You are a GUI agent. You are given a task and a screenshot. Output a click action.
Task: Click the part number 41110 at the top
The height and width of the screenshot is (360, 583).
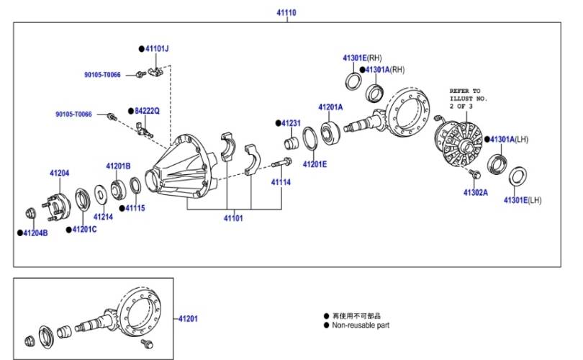[x=286, y=13]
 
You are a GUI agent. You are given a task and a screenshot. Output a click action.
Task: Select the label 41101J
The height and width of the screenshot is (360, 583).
[x=157, y=49]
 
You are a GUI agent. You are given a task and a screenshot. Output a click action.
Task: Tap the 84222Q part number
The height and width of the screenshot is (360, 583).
[x=147, y=111]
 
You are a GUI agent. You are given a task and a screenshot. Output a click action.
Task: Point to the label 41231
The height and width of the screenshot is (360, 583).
[x=291, y=123]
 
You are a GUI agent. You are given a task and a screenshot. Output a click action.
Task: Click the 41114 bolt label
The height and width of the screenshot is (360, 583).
[x=281, y=182]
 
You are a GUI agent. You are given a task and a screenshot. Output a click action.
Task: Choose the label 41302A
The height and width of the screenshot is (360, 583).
[x=476, y=193]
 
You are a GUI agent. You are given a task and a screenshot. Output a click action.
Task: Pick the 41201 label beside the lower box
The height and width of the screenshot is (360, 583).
[x=188, y=319]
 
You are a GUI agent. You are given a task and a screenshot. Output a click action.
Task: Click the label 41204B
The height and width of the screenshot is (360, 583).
[x=35, y=233]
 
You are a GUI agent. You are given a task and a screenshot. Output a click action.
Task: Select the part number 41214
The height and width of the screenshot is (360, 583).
[x=103, y=217]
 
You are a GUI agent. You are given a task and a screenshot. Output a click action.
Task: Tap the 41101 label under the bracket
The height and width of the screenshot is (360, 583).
[x=233, y=218]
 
